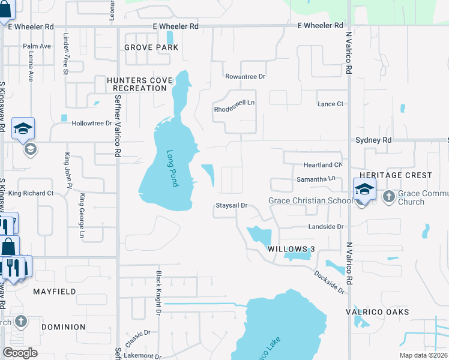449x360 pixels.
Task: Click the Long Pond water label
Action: [x=173, y=168]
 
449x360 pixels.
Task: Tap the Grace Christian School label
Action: [x=310, y=200]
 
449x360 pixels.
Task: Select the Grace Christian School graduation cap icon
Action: [x=364, y=190]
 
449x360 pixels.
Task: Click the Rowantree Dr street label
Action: [x=245, y=77]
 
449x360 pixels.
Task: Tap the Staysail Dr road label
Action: [x=232, y=206]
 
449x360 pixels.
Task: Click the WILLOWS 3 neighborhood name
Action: [x=291, y=248]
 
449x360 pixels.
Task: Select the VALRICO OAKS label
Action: [x=378, y=312]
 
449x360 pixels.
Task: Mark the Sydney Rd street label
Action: [x=373, y=140]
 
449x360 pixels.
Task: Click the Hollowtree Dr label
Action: [x=92, y=123]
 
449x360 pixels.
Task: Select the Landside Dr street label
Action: [x=326, y=227]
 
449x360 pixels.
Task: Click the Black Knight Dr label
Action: [x=159, y=292]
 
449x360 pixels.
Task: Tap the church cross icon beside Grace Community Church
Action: [x=388, y=196]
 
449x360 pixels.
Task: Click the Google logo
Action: [x=20, y=353]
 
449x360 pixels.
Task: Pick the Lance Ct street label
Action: [x=330, y=104]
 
